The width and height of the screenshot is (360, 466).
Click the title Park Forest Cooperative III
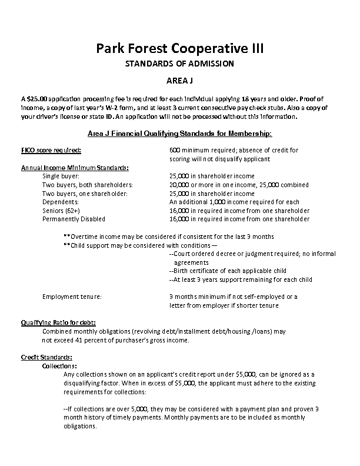coord(180,48)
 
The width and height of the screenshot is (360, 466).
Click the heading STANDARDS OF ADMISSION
coord(180,64)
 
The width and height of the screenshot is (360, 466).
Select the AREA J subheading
coord(180,80)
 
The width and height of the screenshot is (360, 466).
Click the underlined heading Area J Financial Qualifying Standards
coord(179,133)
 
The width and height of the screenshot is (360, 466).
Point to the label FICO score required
coord(51,151)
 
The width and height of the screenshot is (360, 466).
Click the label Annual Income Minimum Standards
coord(75,168)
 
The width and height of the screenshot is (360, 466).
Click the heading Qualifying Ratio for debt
coord(58,322)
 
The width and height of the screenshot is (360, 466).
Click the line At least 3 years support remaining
coord(240,279)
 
